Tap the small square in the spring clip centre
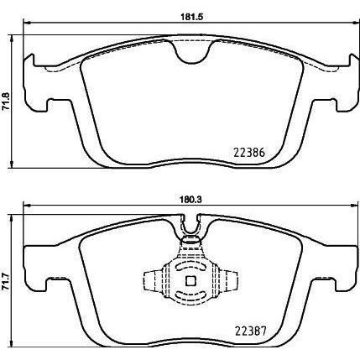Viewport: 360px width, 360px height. click(x=190, y=282)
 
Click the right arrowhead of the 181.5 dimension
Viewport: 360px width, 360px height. click(x=349, y=23)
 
